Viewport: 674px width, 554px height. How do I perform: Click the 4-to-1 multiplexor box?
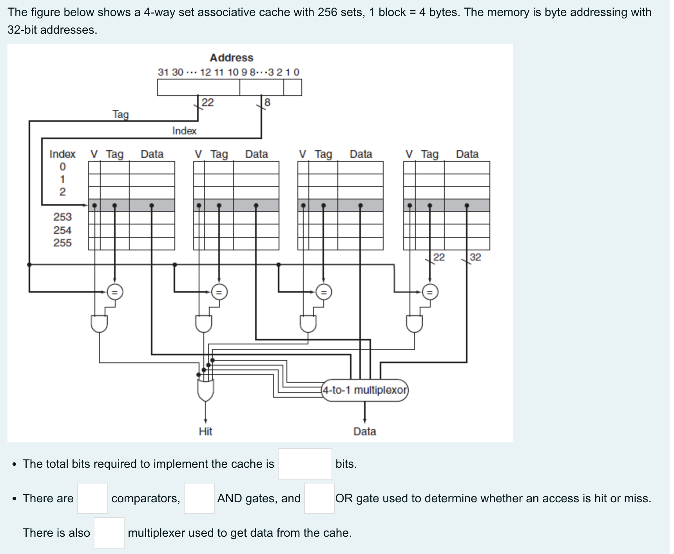coord(364,390)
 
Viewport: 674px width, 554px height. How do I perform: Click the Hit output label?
coord(205,431)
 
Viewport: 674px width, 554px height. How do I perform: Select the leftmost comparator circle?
coord(115,292)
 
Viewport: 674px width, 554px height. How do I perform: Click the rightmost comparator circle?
coord(430,292)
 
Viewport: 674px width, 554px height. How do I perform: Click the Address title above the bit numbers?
coord(231,58)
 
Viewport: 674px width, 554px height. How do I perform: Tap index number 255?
coord(63,243)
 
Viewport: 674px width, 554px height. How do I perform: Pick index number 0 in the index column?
coord(63,167)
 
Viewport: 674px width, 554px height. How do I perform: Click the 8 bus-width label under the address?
coord(267,103)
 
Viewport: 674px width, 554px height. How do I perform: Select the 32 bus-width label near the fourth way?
coord(475,257)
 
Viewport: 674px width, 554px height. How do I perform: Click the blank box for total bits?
coord(305,464)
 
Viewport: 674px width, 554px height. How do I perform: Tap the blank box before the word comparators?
coord(92,498)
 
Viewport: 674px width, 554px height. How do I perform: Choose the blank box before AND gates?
coord(199,498)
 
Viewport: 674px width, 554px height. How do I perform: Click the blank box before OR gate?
coord(319,498)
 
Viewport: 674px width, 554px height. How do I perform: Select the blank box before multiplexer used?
coord(109,533)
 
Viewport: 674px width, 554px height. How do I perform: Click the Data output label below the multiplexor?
coord(364,431)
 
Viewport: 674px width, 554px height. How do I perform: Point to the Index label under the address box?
coord(184,131)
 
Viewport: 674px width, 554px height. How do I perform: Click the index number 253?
coord(63,217)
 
